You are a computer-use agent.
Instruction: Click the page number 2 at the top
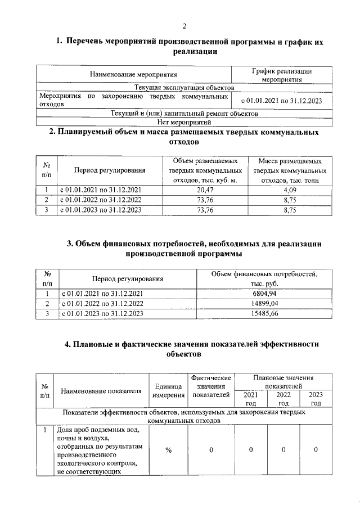(x=184, y=25)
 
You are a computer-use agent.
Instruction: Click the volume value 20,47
(x=205, y=190)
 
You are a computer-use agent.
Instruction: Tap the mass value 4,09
(x=290, y=190)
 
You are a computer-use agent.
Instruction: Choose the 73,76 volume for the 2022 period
(x=205, y=200)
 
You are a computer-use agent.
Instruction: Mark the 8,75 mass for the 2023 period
(x=290, y=210)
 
